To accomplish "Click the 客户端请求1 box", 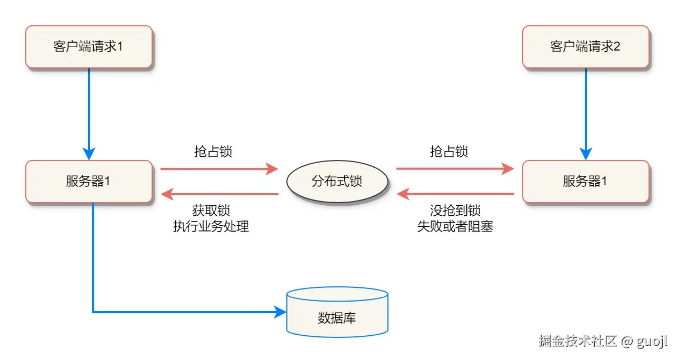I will click(x=89, y=47).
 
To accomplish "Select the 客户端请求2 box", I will click(x=585, y=47).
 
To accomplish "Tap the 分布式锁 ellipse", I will click(x=337, y=182).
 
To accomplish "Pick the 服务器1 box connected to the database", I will click(x=89, y=182).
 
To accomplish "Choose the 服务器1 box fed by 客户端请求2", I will click(x=585, y=182).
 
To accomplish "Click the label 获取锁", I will click(x=211, y=211).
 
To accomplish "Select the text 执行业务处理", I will click(x=211, y=227).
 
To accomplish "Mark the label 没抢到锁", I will click(x=455, y=211).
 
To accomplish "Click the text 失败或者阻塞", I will click(x=455, y=227).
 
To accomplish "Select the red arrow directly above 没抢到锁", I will click(x=455, y=195).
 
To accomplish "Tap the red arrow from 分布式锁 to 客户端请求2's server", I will click(x=455, y=169).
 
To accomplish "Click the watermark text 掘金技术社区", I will click(x=577, y=341).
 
